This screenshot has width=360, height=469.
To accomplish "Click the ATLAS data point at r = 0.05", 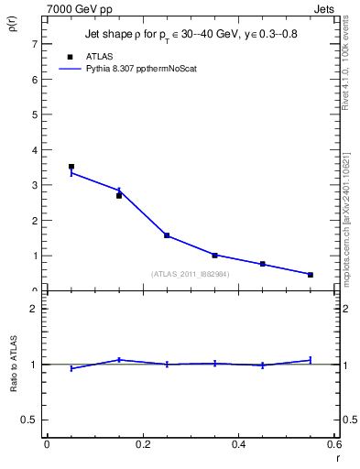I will [x=71, y=167].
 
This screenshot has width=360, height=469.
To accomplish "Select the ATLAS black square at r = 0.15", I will [x=119, y=196].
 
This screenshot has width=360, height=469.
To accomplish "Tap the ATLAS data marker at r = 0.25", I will [x=167, y=235].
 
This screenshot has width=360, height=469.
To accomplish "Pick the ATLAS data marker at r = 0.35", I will [x=214, y=256].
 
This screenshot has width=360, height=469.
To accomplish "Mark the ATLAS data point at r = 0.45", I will [x=262, y=264].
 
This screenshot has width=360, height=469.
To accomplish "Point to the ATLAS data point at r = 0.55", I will [x=311, y=275].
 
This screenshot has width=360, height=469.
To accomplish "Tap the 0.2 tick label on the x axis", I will [x=142, y=445].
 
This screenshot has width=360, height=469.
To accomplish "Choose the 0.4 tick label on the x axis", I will [x=238, y=445].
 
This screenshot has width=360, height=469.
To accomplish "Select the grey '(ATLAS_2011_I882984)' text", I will [x=190, y=274].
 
